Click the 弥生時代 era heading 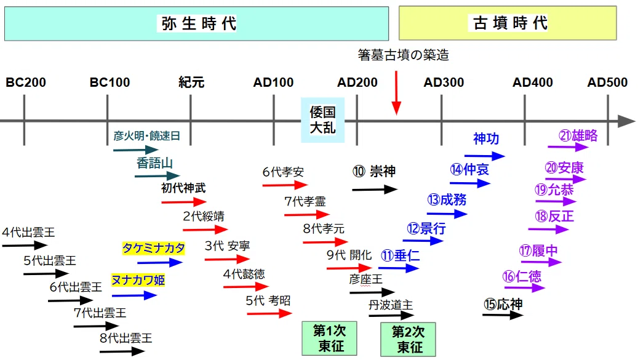pyautogui.click(x=199, y=23)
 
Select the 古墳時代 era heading pyautogui.click(x=510, y=23)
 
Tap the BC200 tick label pyautogui.click(x=26, y=82)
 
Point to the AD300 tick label pyautogui.click(x=444, y=82)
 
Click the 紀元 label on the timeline pyautogui.click(x=191, y=82)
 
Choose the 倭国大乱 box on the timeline pyautogui.click(x=322, y=120)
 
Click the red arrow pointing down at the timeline pyautogui.click(x=396, y=93)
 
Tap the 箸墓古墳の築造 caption pyautogui.click(x=403, y=55)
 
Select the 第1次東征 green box pyautogui.click(x=329, y=338)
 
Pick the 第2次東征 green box pyautogui.click(x=408, y=339)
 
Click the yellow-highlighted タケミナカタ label pyautogui.click(x=153, y=248)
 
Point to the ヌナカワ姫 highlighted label pyautogui.click(x=138, y=280)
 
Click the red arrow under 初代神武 pyautogui.click(x=184, y=202)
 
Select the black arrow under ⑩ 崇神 pyautogui.click(x=375, y=189)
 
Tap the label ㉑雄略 pyautogui.click(x=578, y=135)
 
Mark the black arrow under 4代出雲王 pyautogui.click(x=25, y=246)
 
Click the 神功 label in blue pyautogui.click(x=486, y=138)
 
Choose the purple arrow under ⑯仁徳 pyautogui.click(x=524, y=288)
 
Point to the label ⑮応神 pyautogui.click(x=503, y=304)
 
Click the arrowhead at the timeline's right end pyautogui.click(x=626, y=121)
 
